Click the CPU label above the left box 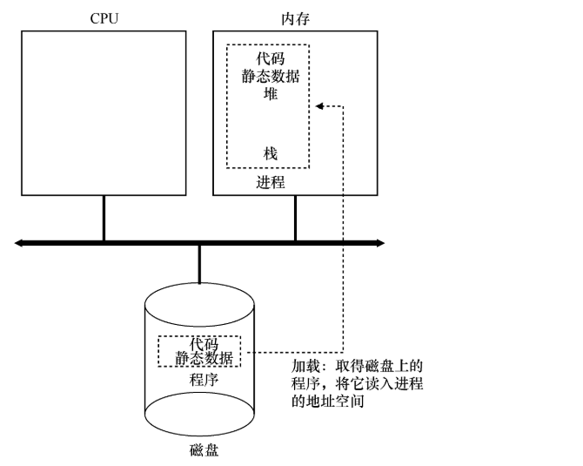(104, 17)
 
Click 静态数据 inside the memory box (268, 77)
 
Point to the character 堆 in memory (269, 93)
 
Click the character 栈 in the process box (269, 153)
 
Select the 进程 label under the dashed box (269, 183)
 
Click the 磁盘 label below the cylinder (199, 450)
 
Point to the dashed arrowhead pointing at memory (318, 106)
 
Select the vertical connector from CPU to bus (104, 218)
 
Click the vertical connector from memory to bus (296, 218)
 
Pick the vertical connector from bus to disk (199, 265)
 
